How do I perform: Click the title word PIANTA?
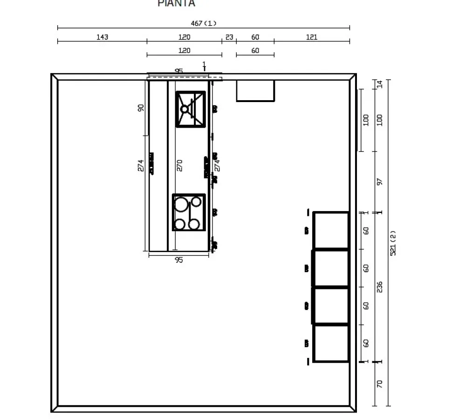point(176,3)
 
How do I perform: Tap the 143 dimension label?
point(102,37)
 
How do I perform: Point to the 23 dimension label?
point(229,37)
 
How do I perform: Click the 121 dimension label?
point(312,37)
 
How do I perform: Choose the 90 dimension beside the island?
point(141,107)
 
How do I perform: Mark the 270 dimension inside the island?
point(180,165)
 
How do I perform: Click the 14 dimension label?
point(379,84)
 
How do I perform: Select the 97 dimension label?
point(379,182)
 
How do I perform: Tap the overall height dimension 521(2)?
point(392,242)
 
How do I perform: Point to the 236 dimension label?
point(379,287)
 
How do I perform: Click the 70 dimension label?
point(379,384)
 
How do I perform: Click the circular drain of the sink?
point(185,109)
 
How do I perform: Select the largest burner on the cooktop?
point(181,204)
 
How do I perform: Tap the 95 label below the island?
point(179,260)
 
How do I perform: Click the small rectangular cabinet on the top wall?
point(255,90)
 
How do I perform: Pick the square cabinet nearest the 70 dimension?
point(331,343)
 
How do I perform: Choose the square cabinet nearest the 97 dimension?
point(331,230)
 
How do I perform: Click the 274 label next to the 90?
point(141,165)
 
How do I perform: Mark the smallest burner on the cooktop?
point(196,201)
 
